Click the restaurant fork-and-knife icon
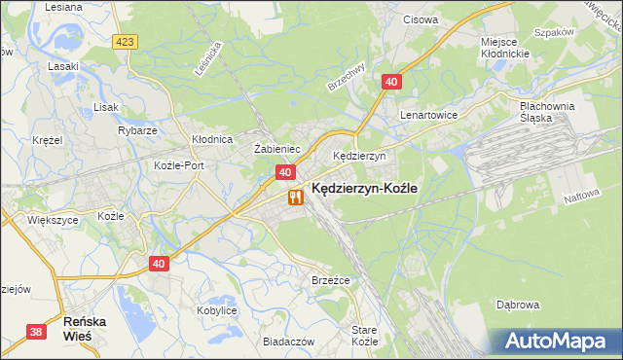(x=294, y=197)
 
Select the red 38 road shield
(x=36, y=332)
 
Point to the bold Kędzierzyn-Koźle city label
(x=365, y=192)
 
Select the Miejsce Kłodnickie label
(x=504, y=48)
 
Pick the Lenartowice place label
(x=428, y=114)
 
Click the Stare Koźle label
(x=363, y=337)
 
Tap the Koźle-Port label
(x=179, y=165)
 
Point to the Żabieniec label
(x=275, y=149)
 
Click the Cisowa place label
(x=420, y=18)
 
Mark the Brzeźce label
(x=330, y=280)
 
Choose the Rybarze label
(x=136, y=130)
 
